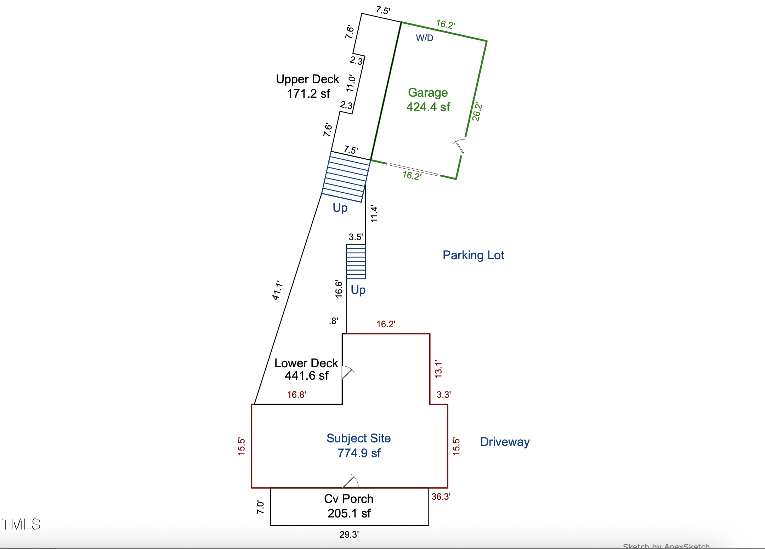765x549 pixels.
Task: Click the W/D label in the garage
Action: pyautogui.click(x=424, y=38)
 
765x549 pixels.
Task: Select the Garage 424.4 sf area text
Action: pyautogui.click(x=428, y=100)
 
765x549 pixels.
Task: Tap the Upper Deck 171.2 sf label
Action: pyautogui.click(x=308, y=86)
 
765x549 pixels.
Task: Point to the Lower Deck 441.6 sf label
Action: pyautogui.click(x=306, y=369)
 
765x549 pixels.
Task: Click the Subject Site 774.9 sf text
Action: pyautogui.click(x=358, y=446)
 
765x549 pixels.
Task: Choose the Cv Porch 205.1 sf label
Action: pyautogui.click(x=349, y=506)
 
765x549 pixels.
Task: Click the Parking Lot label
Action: pyautogui.click(x=473, y=255)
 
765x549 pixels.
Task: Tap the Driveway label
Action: pyautogui.click(x=505, y=442)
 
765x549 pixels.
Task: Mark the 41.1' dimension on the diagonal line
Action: pyautogui.click(x=277, y=290)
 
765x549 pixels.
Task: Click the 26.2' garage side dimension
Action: pyautogui.click(x=477, y=112)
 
